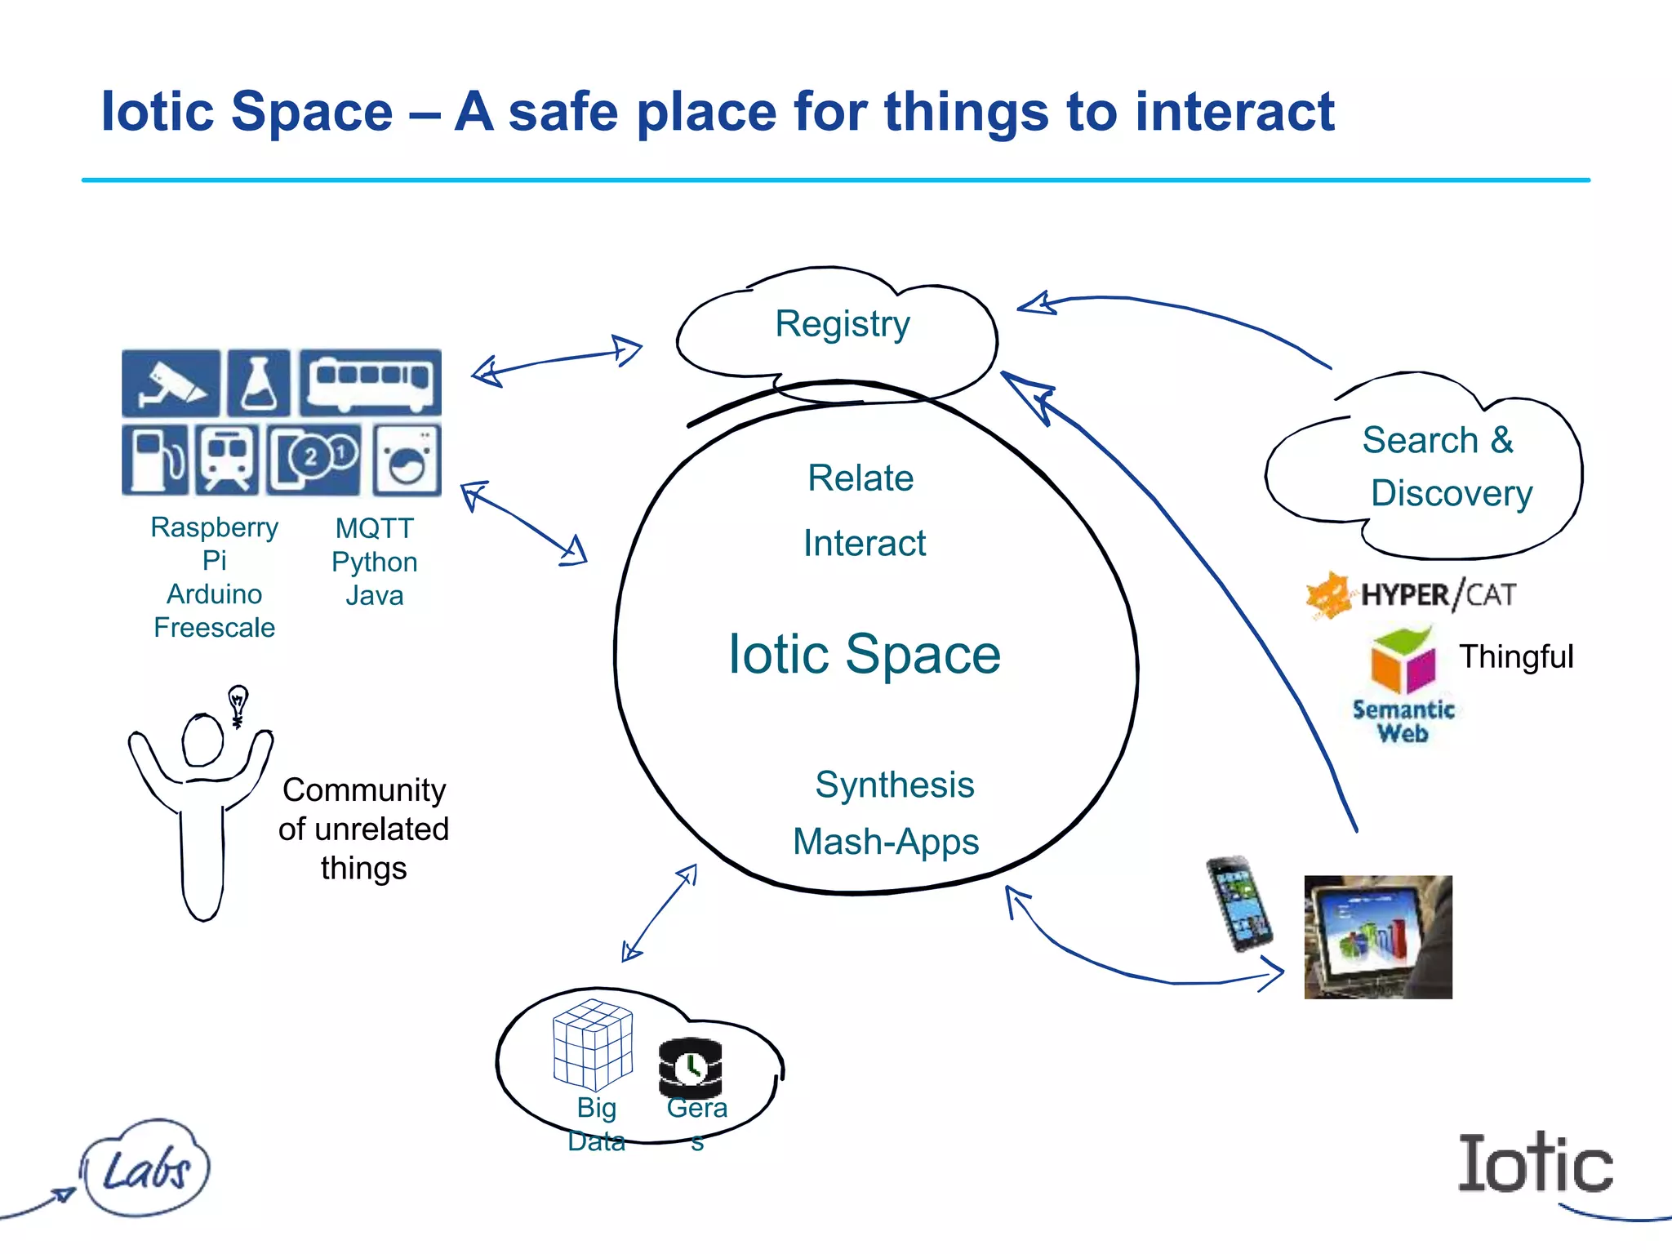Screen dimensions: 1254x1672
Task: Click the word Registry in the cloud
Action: pyautogui.click(x=842, y=324)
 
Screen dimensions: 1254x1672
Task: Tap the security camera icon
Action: pyautogui.click(x=171, y=383)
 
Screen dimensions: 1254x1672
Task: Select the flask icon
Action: pyautogui.click(x=259, y=383)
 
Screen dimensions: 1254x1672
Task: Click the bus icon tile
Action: pyautogui.click(x=370, y=383)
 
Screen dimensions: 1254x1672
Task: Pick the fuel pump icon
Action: pyautogui.click(x=154, y=460)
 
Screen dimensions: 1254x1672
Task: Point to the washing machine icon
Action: pyautogui.click(x=407, y=460)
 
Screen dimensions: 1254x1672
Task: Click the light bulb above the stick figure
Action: pyautogui.click(x=238, y=703)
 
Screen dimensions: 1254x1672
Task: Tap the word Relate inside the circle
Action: pyautogui.click(x=860, y=478)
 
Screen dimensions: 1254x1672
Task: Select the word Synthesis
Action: pyautogui.click(x=894, y=785)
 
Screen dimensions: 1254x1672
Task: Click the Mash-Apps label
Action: pyautogui.click(x=886, y=842)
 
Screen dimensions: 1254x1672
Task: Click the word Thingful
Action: pyautogui.click(x=1516, y=657)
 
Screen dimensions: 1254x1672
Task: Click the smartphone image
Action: pyautogui.click(x=1239, y=903)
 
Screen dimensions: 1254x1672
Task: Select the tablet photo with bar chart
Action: pyautogui.click(x=1378, y=937)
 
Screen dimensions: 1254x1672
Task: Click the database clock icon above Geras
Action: pyautogui.click(x=691, y=1067)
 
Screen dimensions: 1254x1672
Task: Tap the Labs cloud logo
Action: pyautogui.click(x=146, y=1168)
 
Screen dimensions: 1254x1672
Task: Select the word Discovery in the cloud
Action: pyautogui.click(x=1451, y=493)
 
